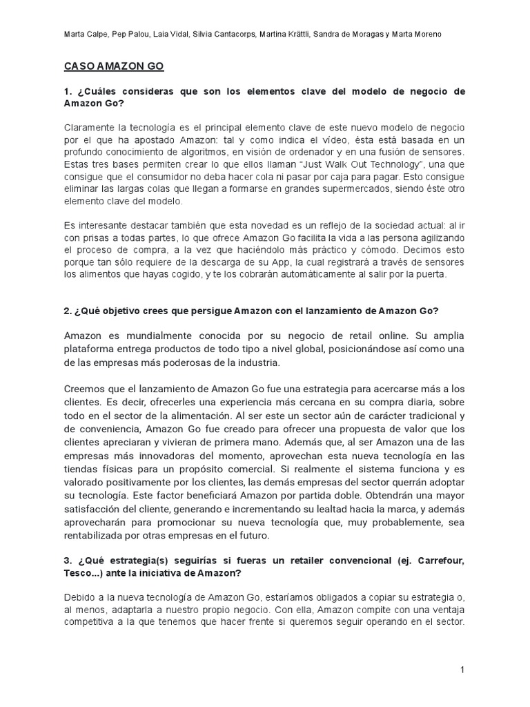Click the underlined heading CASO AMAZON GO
(x=114, y=67)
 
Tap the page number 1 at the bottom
(x=464, y=669)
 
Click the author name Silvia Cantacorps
(x=225, y=35)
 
